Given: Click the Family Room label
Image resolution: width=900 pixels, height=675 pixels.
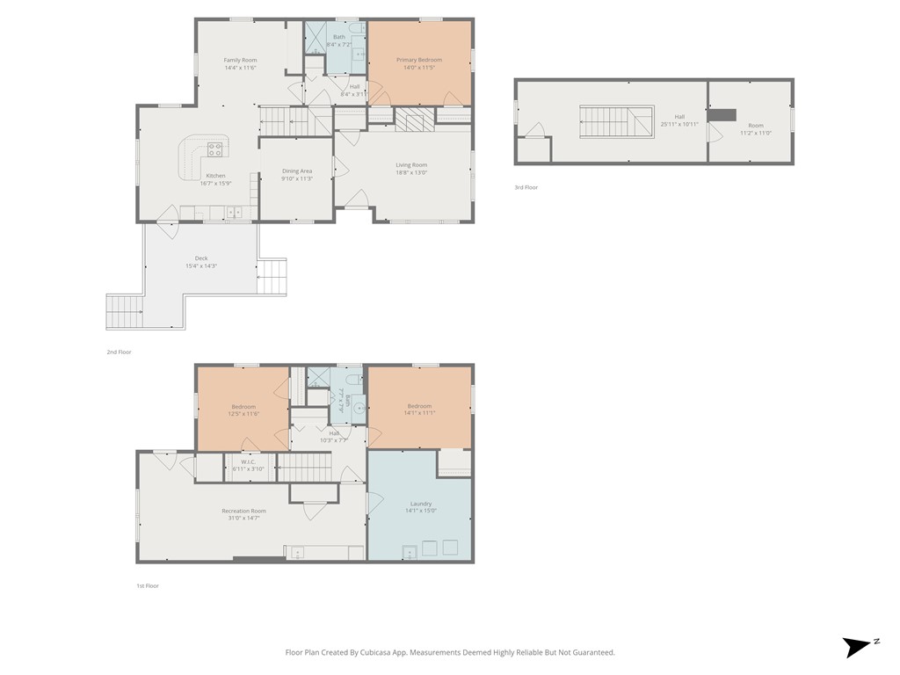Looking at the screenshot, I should [x=239, y=60].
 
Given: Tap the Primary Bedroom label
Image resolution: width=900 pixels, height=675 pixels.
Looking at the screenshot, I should [x=418, y=60].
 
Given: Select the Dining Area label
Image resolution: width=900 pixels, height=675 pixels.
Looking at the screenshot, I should [x=296, y=171].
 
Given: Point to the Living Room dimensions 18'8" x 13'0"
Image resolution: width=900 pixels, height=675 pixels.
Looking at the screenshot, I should [x=411, y=172].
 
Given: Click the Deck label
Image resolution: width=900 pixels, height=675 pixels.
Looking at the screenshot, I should [x=201, y=258].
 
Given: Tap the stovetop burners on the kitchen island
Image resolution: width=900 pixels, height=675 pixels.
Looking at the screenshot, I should [x=214, y=149].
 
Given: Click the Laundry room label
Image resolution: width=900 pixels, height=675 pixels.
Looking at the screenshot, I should [x=420, y=504].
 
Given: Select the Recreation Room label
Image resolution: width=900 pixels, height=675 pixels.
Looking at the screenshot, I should [x=243, y=511].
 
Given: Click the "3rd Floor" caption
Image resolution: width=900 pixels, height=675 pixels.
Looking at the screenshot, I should [x=526, y=187].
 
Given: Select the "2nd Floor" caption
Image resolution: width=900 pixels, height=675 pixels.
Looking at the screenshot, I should [x=119, y=352].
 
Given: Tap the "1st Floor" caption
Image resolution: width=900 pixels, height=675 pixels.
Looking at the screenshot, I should [x=147, y=585].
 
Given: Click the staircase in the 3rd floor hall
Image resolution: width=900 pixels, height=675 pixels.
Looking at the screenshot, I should [x=615, y=120].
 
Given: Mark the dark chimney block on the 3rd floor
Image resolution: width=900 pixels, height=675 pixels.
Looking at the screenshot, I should [x=722, y=114].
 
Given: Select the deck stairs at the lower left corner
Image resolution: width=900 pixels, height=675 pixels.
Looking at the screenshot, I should [x=125, y=310].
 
